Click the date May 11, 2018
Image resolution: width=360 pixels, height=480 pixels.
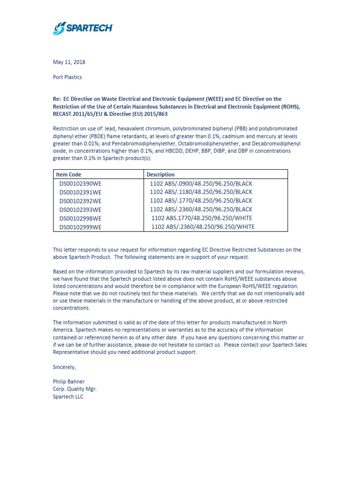(x=69, y=62)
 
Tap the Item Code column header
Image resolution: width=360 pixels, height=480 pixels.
(x=68, y=174)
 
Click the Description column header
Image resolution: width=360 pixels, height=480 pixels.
(x=160, y=174)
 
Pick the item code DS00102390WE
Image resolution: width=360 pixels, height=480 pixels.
(x=80, y=183)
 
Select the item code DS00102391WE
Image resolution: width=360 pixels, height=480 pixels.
(x=80, y=192)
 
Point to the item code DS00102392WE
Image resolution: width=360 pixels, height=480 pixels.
(x=80, y=201)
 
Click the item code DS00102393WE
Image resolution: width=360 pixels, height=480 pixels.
(x=80, y=210)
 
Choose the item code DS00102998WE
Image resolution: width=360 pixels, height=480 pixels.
(x=80, y=218)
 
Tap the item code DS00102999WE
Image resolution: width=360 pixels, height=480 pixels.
(x=80, y=227)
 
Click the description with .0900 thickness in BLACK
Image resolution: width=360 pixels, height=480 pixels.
(x=201, y=183)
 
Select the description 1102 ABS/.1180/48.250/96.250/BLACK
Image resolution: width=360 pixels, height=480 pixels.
(x=201, y=192)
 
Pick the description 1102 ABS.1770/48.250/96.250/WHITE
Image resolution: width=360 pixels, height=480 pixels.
(x=202, y=218)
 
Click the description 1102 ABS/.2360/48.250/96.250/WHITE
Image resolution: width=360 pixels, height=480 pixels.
(x=202, y=227)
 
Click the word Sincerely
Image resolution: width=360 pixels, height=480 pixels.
(x=64, y=367)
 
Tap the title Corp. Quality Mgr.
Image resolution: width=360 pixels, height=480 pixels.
(x=75, y=389)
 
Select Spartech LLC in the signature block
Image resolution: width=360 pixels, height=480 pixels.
(x=68, y=397)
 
